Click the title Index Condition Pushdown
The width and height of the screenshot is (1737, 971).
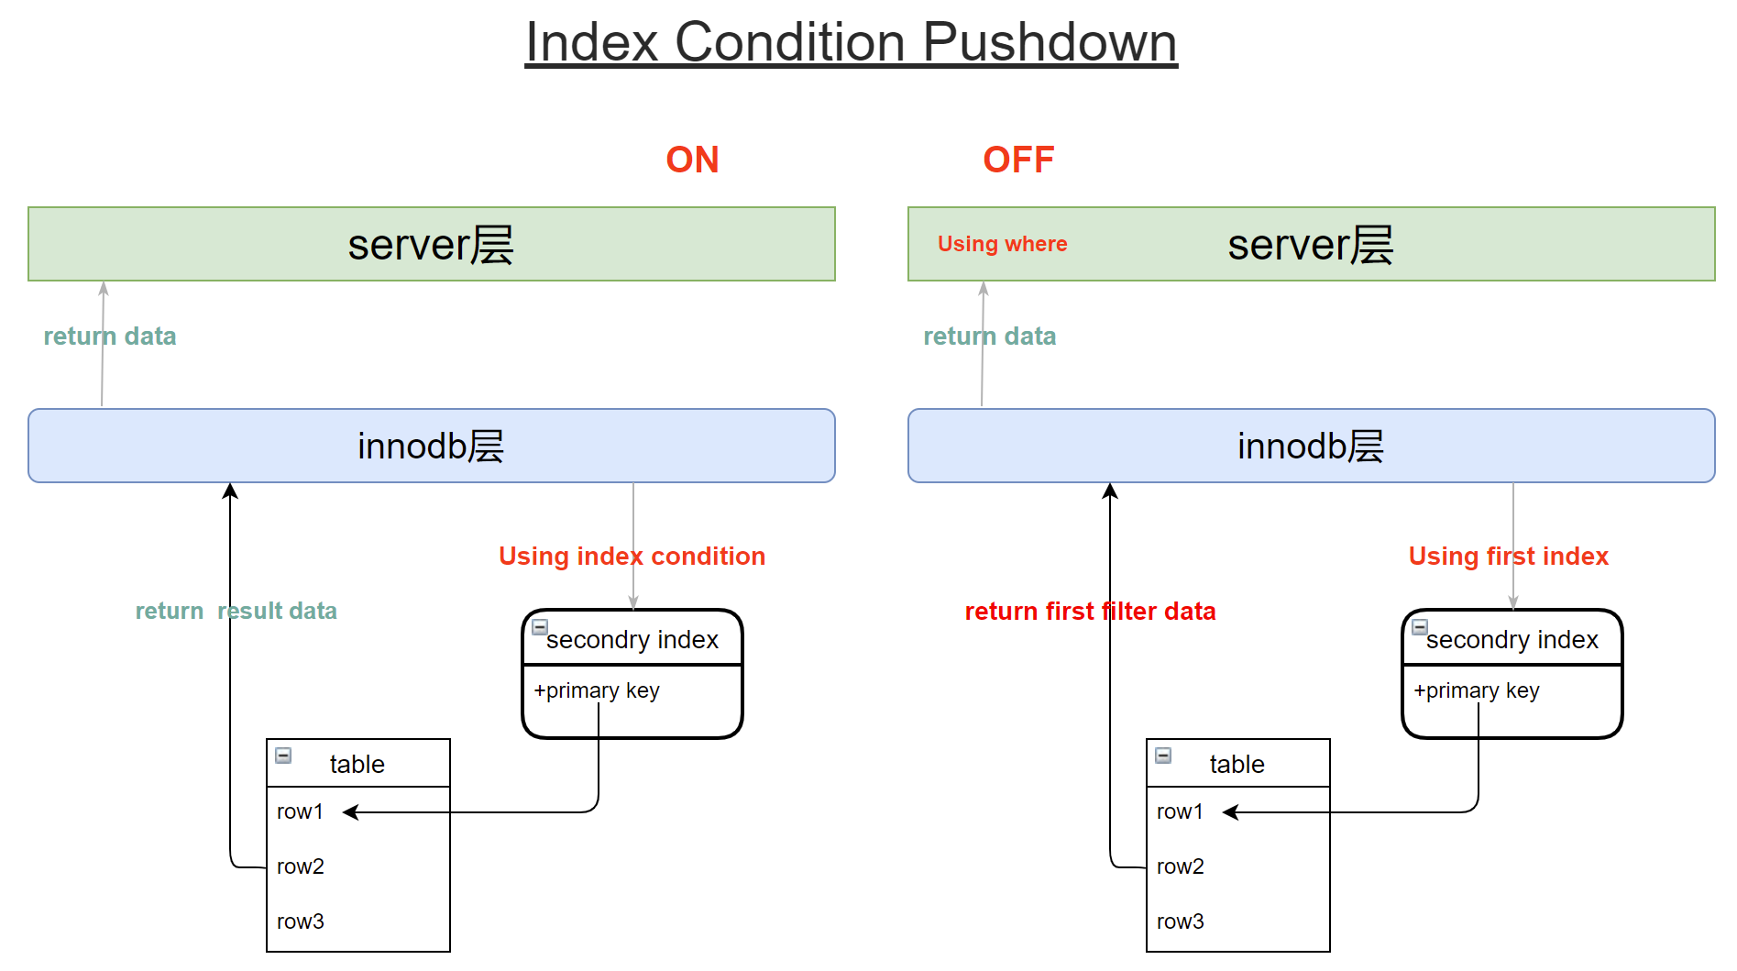[851, 42]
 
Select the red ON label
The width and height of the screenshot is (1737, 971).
[692, 160]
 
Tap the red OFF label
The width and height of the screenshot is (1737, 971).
[1017, 160]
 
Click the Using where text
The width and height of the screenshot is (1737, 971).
[1002, 244]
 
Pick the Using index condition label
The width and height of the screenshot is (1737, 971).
[632, 557]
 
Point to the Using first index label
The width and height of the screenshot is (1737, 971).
[1508, 557]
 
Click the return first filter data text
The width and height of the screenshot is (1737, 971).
[1090, 612]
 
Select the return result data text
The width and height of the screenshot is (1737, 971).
[236, 612]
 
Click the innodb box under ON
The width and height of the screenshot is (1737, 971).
[431, 446]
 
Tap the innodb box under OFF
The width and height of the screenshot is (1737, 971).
[1311, 446]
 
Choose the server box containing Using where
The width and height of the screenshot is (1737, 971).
[1311, 244]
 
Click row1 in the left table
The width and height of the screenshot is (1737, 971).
[300, 811]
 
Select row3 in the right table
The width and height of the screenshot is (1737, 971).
[1180, 921]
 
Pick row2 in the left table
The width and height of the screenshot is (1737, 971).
[300, 866]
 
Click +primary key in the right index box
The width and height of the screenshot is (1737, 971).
[1476, 690]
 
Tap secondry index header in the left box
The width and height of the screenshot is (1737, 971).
[632, 640]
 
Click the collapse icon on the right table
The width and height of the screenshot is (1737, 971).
[1163, 756]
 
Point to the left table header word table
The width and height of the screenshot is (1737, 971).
[357, 764]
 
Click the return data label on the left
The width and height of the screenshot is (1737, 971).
[109, 337]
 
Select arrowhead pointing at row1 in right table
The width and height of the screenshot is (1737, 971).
[1231, 812]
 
